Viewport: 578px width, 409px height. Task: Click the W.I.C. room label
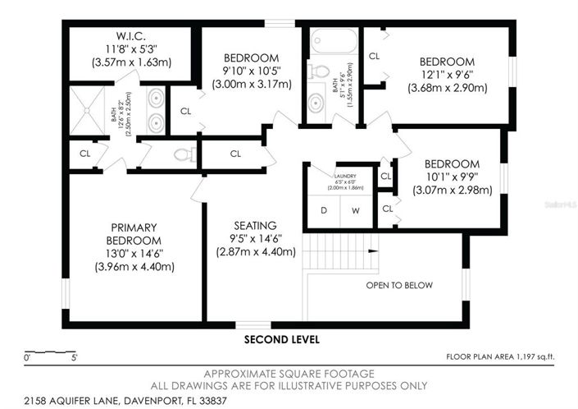[x=130, y=35]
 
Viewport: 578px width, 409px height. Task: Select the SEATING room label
[x=255, y=225]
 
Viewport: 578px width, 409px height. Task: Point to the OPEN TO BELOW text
[x=399, y=286]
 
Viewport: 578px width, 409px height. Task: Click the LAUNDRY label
[x=345, y=176]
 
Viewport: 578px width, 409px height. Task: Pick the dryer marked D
[x=324, y=210]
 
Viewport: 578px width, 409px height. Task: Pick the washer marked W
[x=356, y=210]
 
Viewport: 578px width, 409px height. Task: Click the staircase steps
[x=337, y=251]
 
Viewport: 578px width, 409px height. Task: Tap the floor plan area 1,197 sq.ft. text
[x=500, y=357]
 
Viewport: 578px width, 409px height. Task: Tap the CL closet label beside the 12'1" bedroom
[x=374, y=57]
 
